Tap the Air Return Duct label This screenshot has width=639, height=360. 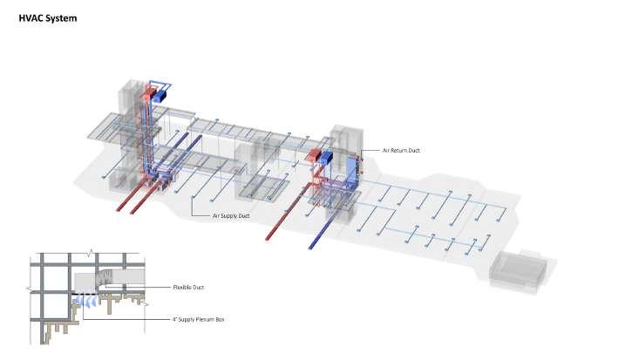[402, 151]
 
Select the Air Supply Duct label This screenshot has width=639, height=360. [231, 214]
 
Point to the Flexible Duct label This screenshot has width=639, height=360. [188, 287]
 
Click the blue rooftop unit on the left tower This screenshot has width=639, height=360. [160, 97]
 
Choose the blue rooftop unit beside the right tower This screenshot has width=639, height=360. [328, 158]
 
